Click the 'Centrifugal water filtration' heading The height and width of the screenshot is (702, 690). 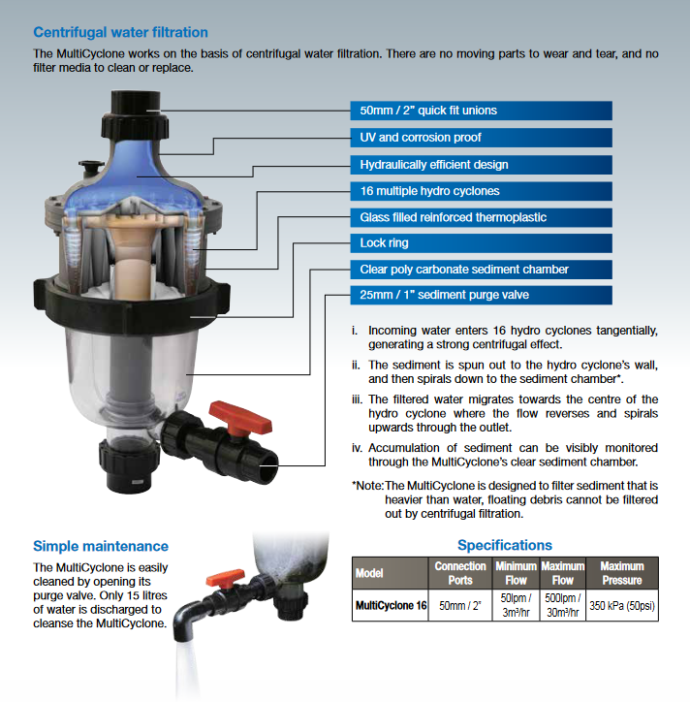[x=120, y=32]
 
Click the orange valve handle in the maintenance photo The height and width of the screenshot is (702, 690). [x=225, y=579]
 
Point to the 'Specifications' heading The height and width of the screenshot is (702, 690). [x=505, y=545]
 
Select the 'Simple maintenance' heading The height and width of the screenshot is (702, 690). [x=101, y=546]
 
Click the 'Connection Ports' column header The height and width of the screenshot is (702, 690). [x=460, y=573]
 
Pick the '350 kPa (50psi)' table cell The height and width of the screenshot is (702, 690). [x=622, y=605]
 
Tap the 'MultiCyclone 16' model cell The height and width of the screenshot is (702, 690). [x=391, y=605]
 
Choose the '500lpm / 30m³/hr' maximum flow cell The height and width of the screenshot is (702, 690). [x=562, y=605]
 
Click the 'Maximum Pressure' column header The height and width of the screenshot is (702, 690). [x=622, y=573]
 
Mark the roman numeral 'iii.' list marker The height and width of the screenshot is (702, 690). [x=357, y=399]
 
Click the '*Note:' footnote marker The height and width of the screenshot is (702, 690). [x=368, y=486]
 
